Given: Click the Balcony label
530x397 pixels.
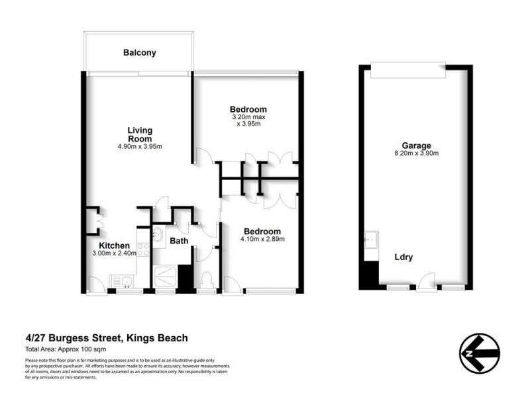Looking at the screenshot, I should click(x=139, y=52).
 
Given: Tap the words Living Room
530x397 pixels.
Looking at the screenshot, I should click(x=140, y=134).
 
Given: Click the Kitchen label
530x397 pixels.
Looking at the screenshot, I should click(x=104, y=244).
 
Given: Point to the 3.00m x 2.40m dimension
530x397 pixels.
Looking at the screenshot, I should click(x=113, y=253).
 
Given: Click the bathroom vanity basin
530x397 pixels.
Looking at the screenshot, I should click(x=159, y=235).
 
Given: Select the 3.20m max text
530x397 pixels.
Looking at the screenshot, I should click(x=248, y=117).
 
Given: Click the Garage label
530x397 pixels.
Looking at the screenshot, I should click(x=416, y=146).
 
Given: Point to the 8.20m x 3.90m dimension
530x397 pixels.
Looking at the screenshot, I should click(x=416, y=154).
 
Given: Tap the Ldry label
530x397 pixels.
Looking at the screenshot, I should click(x=403, y=257).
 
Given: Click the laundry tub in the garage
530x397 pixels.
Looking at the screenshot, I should click(x=370, y=238).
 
